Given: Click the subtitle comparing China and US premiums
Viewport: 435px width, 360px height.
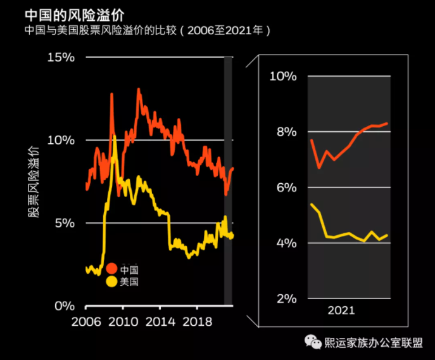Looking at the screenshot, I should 148,30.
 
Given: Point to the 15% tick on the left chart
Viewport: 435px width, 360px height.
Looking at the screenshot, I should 61,57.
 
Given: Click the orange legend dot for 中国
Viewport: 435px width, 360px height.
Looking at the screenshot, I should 112,269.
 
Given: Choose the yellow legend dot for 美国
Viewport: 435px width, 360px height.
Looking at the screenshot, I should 112,281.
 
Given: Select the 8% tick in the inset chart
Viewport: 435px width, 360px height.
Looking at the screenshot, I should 286,132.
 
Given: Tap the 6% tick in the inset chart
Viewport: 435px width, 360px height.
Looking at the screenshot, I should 286,188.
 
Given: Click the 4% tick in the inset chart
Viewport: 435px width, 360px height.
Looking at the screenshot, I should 286,243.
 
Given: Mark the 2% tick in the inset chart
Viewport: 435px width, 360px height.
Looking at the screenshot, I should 286,299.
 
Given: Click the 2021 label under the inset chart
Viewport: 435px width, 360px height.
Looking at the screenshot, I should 341,311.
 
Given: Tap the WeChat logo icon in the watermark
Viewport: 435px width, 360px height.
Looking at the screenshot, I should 313,343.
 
